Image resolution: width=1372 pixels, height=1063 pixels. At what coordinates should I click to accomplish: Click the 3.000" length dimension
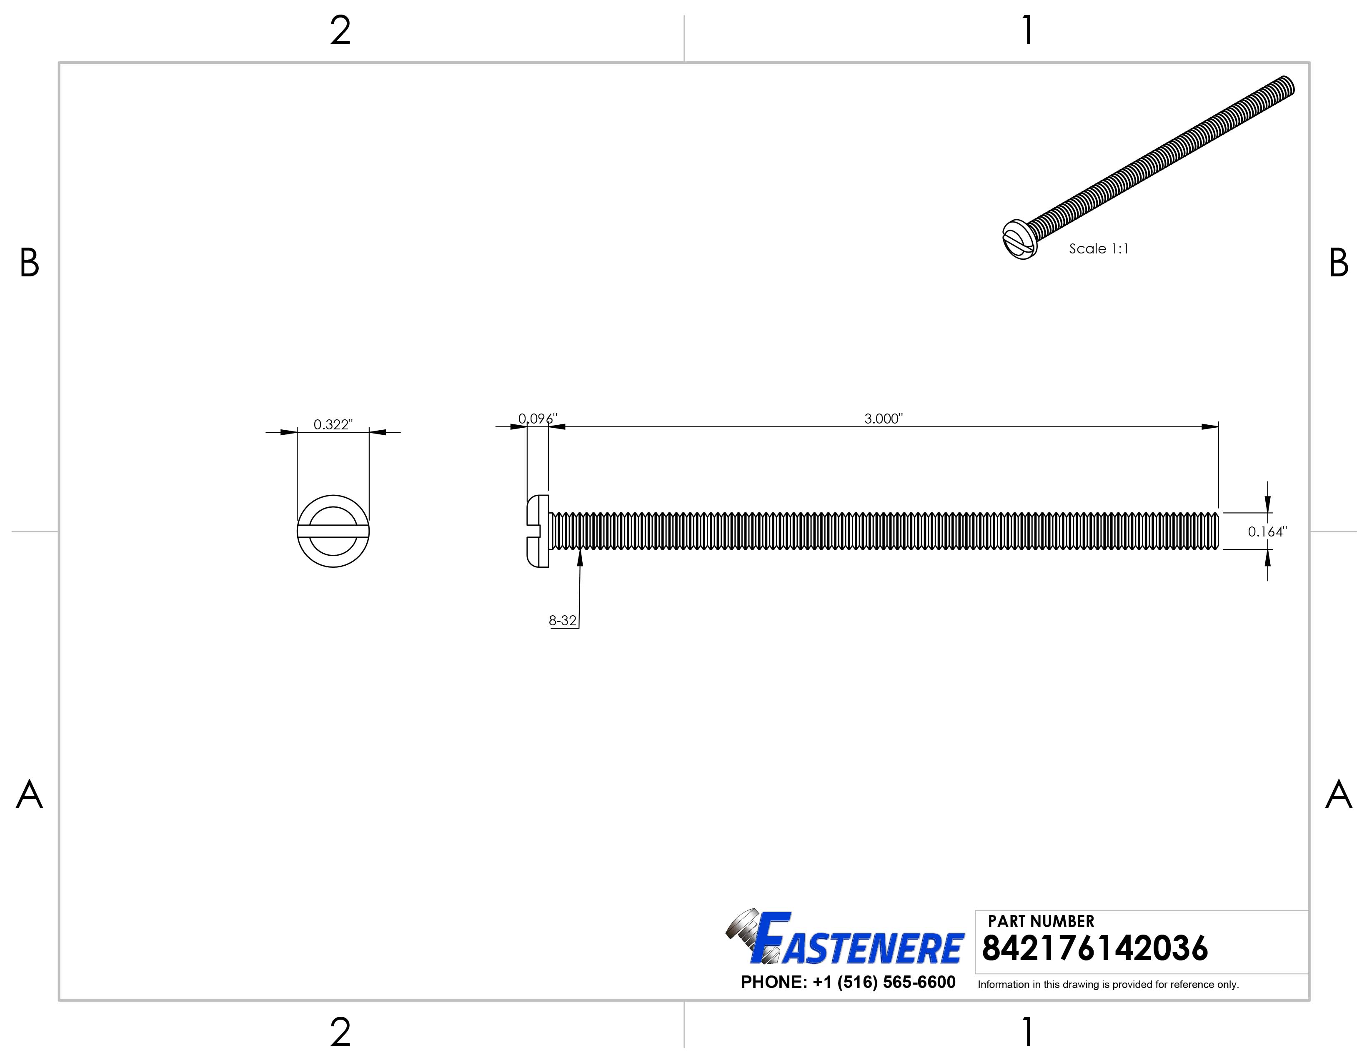point(883,419)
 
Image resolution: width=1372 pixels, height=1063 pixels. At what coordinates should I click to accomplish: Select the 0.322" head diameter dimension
point(333,425)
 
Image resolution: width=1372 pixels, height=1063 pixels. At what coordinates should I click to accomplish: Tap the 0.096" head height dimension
point(537,419)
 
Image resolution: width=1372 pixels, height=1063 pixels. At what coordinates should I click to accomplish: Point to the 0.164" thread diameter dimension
point(1267,531)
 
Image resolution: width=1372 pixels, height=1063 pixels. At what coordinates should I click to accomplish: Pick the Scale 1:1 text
point(1099,249)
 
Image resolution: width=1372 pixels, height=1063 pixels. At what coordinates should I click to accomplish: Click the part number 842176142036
point(1094,949)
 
